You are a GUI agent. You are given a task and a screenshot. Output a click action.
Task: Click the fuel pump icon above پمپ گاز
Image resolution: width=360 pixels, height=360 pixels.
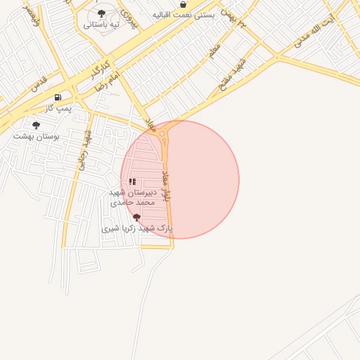(x=58, y=97)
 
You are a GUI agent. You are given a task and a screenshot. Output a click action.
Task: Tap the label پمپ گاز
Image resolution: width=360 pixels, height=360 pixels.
(x=59, y=108)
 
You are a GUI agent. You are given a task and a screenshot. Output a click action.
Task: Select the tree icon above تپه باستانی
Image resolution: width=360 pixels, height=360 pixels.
(x=101, y=13)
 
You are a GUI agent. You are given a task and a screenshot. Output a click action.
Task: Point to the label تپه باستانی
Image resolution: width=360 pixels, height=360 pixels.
(x=101, y=25)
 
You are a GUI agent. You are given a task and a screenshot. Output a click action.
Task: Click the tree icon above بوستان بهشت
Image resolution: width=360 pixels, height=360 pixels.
(x=36, y=124)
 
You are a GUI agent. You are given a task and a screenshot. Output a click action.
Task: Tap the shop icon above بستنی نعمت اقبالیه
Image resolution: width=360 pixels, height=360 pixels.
(x=183, y=4)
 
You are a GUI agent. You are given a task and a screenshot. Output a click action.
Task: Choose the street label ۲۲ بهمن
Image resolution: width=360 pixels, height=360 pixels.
(x=234, y=18)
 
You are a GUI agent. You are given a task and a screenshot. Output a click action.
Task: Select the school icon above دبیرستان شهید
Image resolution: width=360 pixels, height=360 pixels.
(x=132, y=182)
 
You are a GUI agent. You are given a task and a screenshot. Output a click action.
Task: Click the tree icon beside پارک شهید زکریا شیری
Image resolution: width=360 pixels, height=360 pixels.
(x=136, y=217)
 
